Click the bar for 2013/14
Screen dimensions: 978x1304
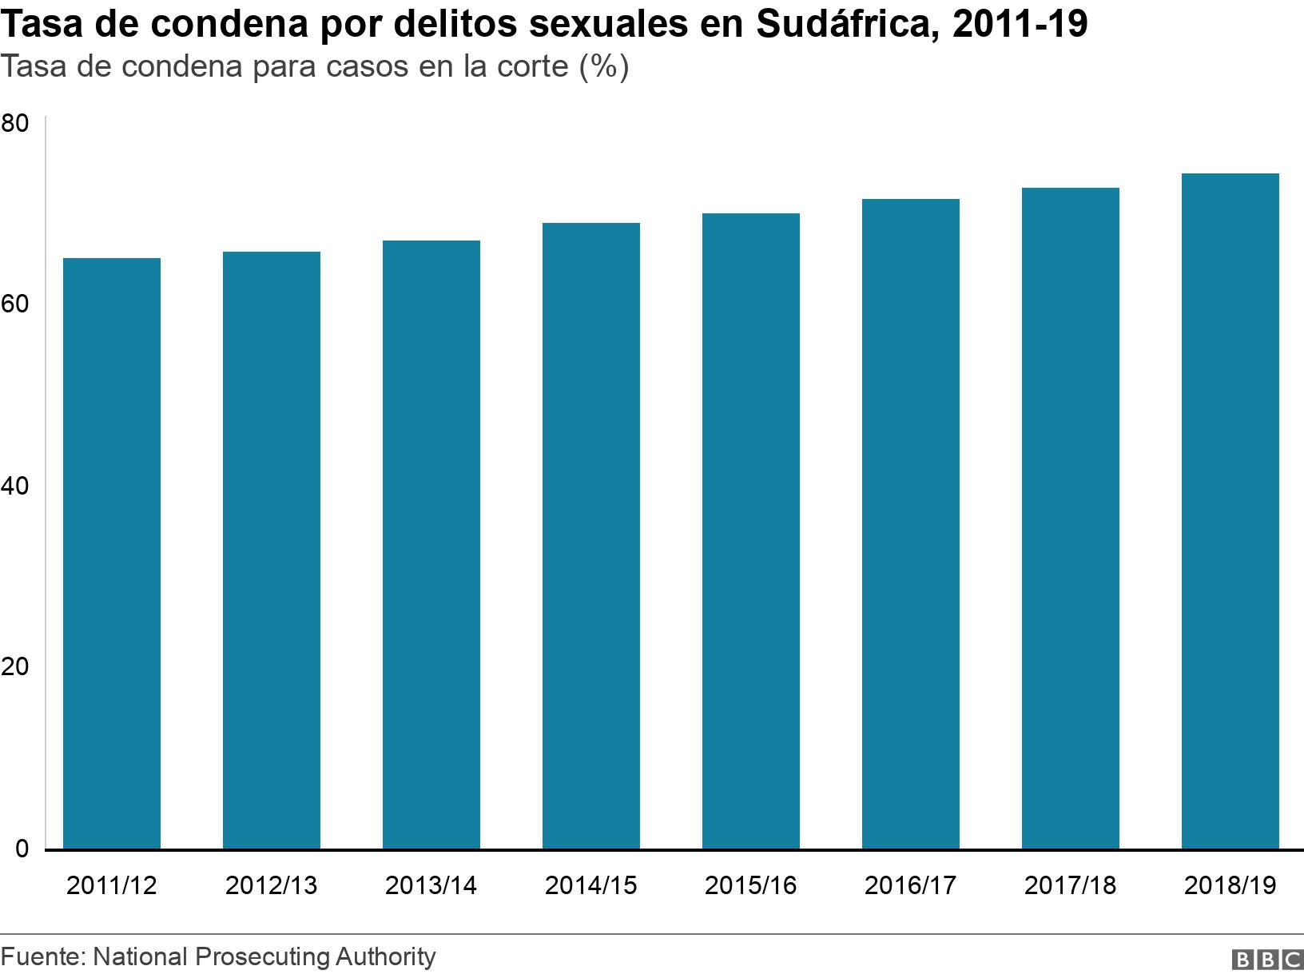click(431, 544)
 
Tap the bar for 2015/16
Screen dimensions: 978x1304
click(751, 531)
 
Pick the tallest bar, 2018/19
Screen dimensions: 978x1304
click(1230, 511)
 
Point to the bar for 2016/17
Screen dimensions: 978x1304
click(911, 523)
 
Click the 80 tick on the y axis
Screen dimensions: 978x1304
click(15, 124)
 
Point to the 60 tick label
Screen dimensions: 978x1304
click(15, 304)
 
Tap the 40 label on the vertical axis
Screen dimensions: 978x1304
click(15, 486)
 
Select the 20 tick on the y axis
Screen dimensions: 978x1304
click(15, 667)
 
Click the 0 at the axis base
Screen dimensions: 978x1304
click(22, 849)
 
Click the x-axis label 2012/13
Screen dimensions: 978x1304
click(272, 885)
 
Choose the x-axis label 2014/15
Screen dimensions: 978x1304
click(591, 885)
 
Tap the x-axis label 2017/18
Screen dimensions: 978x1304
click(1071, 885)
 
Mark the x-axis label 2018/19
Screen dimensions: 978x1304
click(1230, 885)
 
